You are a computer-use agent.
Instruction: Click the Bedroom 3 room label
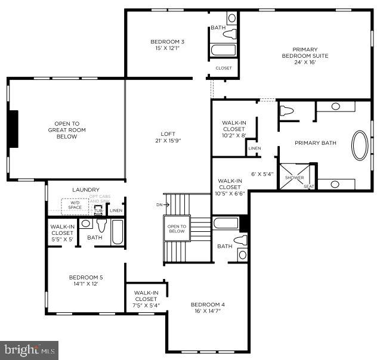[x=166, y=45]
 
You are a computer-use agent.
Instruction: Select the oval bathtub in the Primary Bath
[x=360, y=146]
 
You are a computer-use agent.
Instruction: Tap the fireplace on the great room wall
[x=13, y=128]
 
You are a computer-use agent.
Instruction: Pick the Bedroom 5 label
[x=85, y=280]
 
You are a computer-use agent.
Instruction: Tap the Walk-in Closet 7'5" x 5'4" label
[x=146, y=299]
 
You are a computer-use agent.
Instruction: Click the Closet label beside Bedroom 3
[x=224, y=68]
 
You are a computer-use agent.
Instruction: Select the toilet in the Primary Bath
[x=287, y=111]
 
